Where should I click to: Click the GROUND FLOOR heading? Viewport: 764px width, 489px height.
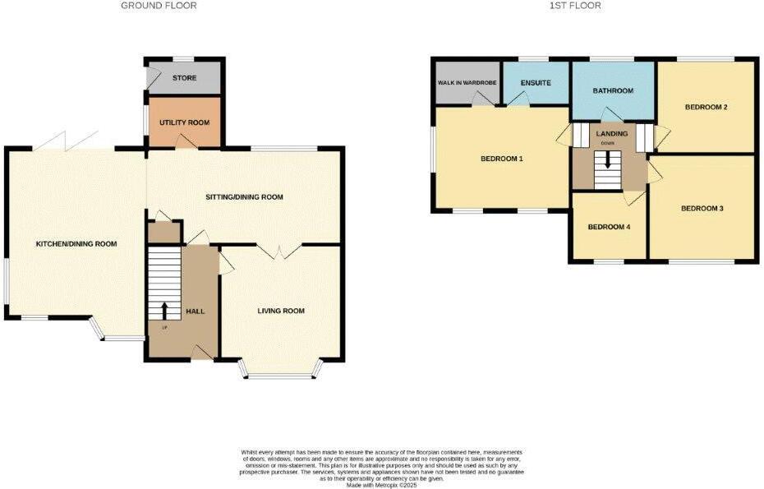tap(159, 6)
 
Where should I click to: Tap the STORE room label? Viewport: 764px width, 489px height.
tap(184, 79)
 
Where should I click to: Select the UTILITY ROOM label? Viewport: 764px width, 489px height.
tap(185, 122)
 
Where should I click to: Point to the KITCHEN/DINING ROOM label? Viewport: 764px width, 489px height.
tap(76, 244)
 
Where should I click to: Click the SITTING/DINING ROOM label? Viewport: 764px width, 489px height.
tap(244, 197)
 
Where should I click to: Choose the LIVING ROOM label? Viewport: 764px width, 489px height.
tap(281, 311)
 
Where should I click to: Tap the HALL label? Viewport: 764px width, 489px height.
tap(196, 311)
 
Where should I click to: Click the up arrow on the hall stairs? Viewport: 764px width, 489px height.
tap(163, 311)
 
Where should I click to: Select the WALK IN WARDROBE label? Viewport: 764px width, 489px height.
tap(466, 83)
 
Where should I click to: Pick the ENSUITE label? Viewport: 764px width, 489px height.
tap(535, 83)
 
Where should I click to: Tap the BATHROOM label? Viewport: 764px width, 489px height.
tap(613, 90)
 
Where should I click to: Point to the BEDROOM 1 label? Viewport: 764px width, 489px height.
tap(502, 159)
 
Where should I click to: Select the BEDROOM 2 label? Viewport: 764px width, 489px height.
tap(707, 107)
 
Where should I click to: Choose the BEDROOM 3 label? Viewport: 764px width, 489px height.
tap(702, 209)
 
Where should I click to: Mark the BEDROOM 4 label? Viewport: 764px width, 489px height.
tap(610, 227)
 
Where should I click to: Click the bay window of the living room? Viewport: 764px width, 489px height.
tap(279, 375)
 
